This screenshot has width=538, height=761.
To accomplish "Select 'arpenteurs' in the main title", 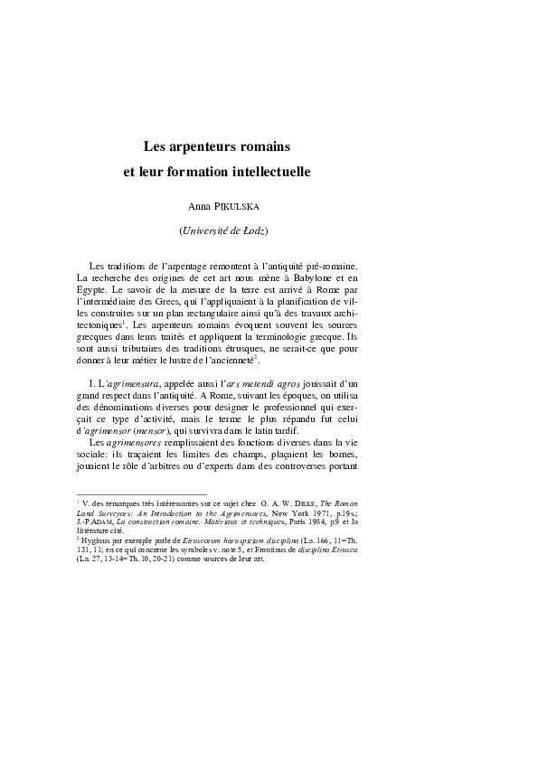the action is [x=203, y=144].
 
